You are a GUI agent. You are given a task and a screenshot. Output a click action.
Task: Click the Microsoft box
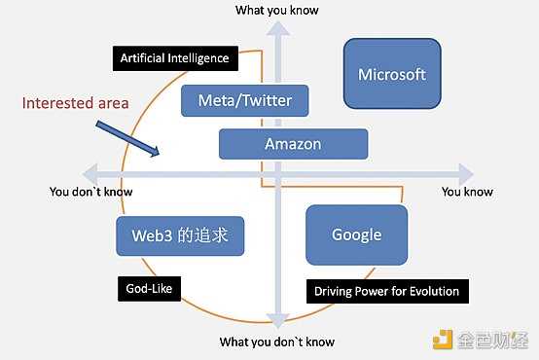(x=392, y=74)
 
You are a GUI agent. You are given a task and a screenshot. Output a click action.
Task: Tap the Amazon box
(x=293, y=144)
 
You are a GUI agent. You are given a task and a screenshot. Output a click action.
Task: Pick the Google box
(x=356, y=234)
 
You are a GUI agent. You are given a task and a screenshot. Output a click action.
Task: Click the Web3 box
(x=180, y=234)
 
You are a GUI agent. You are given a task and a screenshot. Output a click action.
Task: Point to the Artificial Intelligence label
(x=174, y=58)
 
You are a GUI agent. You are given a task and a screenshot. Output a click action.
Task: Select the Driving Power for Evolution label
(x=386, y=290)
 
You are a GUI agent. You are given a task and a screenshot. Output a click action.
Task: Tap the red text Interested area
(x=75, y=102)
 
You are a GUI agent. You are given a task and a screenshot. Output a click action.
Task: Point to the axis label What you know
(x=277, y=10)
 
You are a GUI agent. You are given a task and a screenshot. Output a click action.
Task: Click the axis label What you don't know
(x=277, y=342)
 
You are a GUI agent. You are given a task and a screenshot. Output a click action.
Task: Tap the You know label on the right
(x=467, y=192)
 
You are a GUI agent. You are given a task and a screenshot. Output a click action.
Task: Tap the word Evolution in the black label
(x=429, y=290)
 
